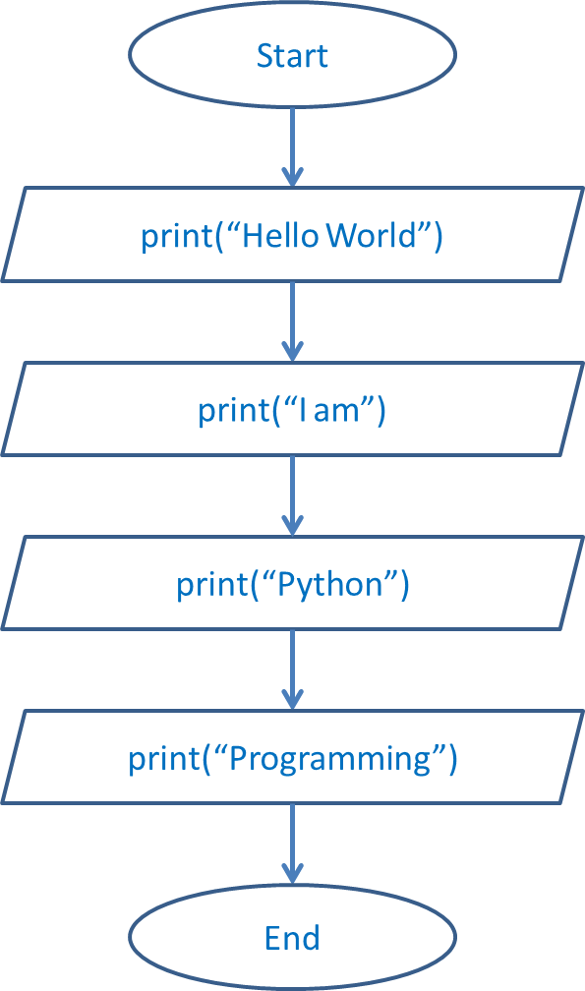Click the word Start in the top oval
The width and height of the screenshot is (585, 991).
[x=292, y=56]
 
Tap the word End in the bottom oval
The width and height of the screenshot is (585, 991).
[x=292, y=937]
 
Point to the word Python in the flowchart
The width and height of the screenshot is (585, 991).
[x=329, y=585]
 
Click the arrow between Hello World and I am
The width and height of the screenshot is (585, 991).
[x=292, y=321]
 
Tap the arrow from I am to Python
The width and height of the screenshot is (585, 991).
[x=292, y=495]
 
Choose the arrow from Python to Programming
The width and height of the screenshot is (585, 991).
[x=292, y=669]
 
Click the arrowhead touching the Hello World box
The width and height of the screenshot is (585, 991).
[x=292, y=178]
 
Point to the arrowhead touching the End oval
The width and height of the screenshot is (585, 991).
[x=292, y=873]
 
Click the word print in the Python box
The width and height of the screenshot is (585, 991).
[x=209, y=585]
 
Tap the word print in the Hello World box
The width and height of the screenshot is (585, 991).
[x=174, y=236]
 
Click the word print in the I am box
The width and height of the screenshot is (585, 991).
[x=231, y=410]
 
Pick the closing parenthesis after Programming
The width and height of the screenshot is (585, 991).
[x=452, y=760]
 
